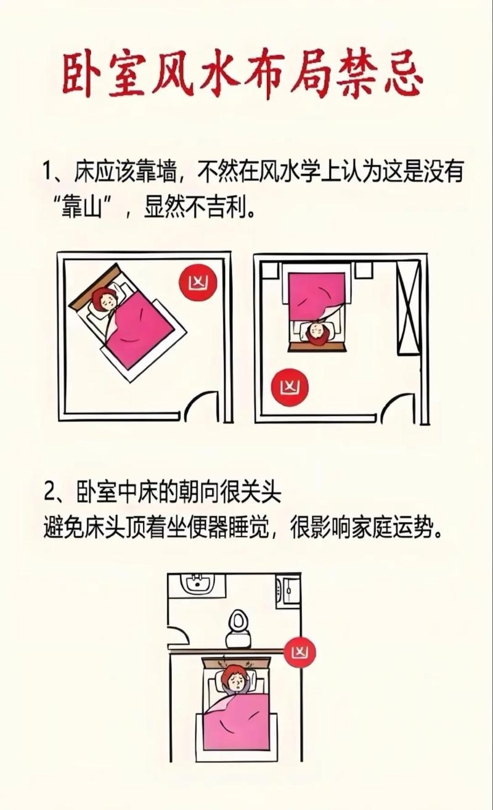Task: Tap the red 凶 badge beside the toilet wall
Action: [301, 651]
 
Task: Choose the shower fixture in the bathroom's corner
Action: [287, 590]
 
